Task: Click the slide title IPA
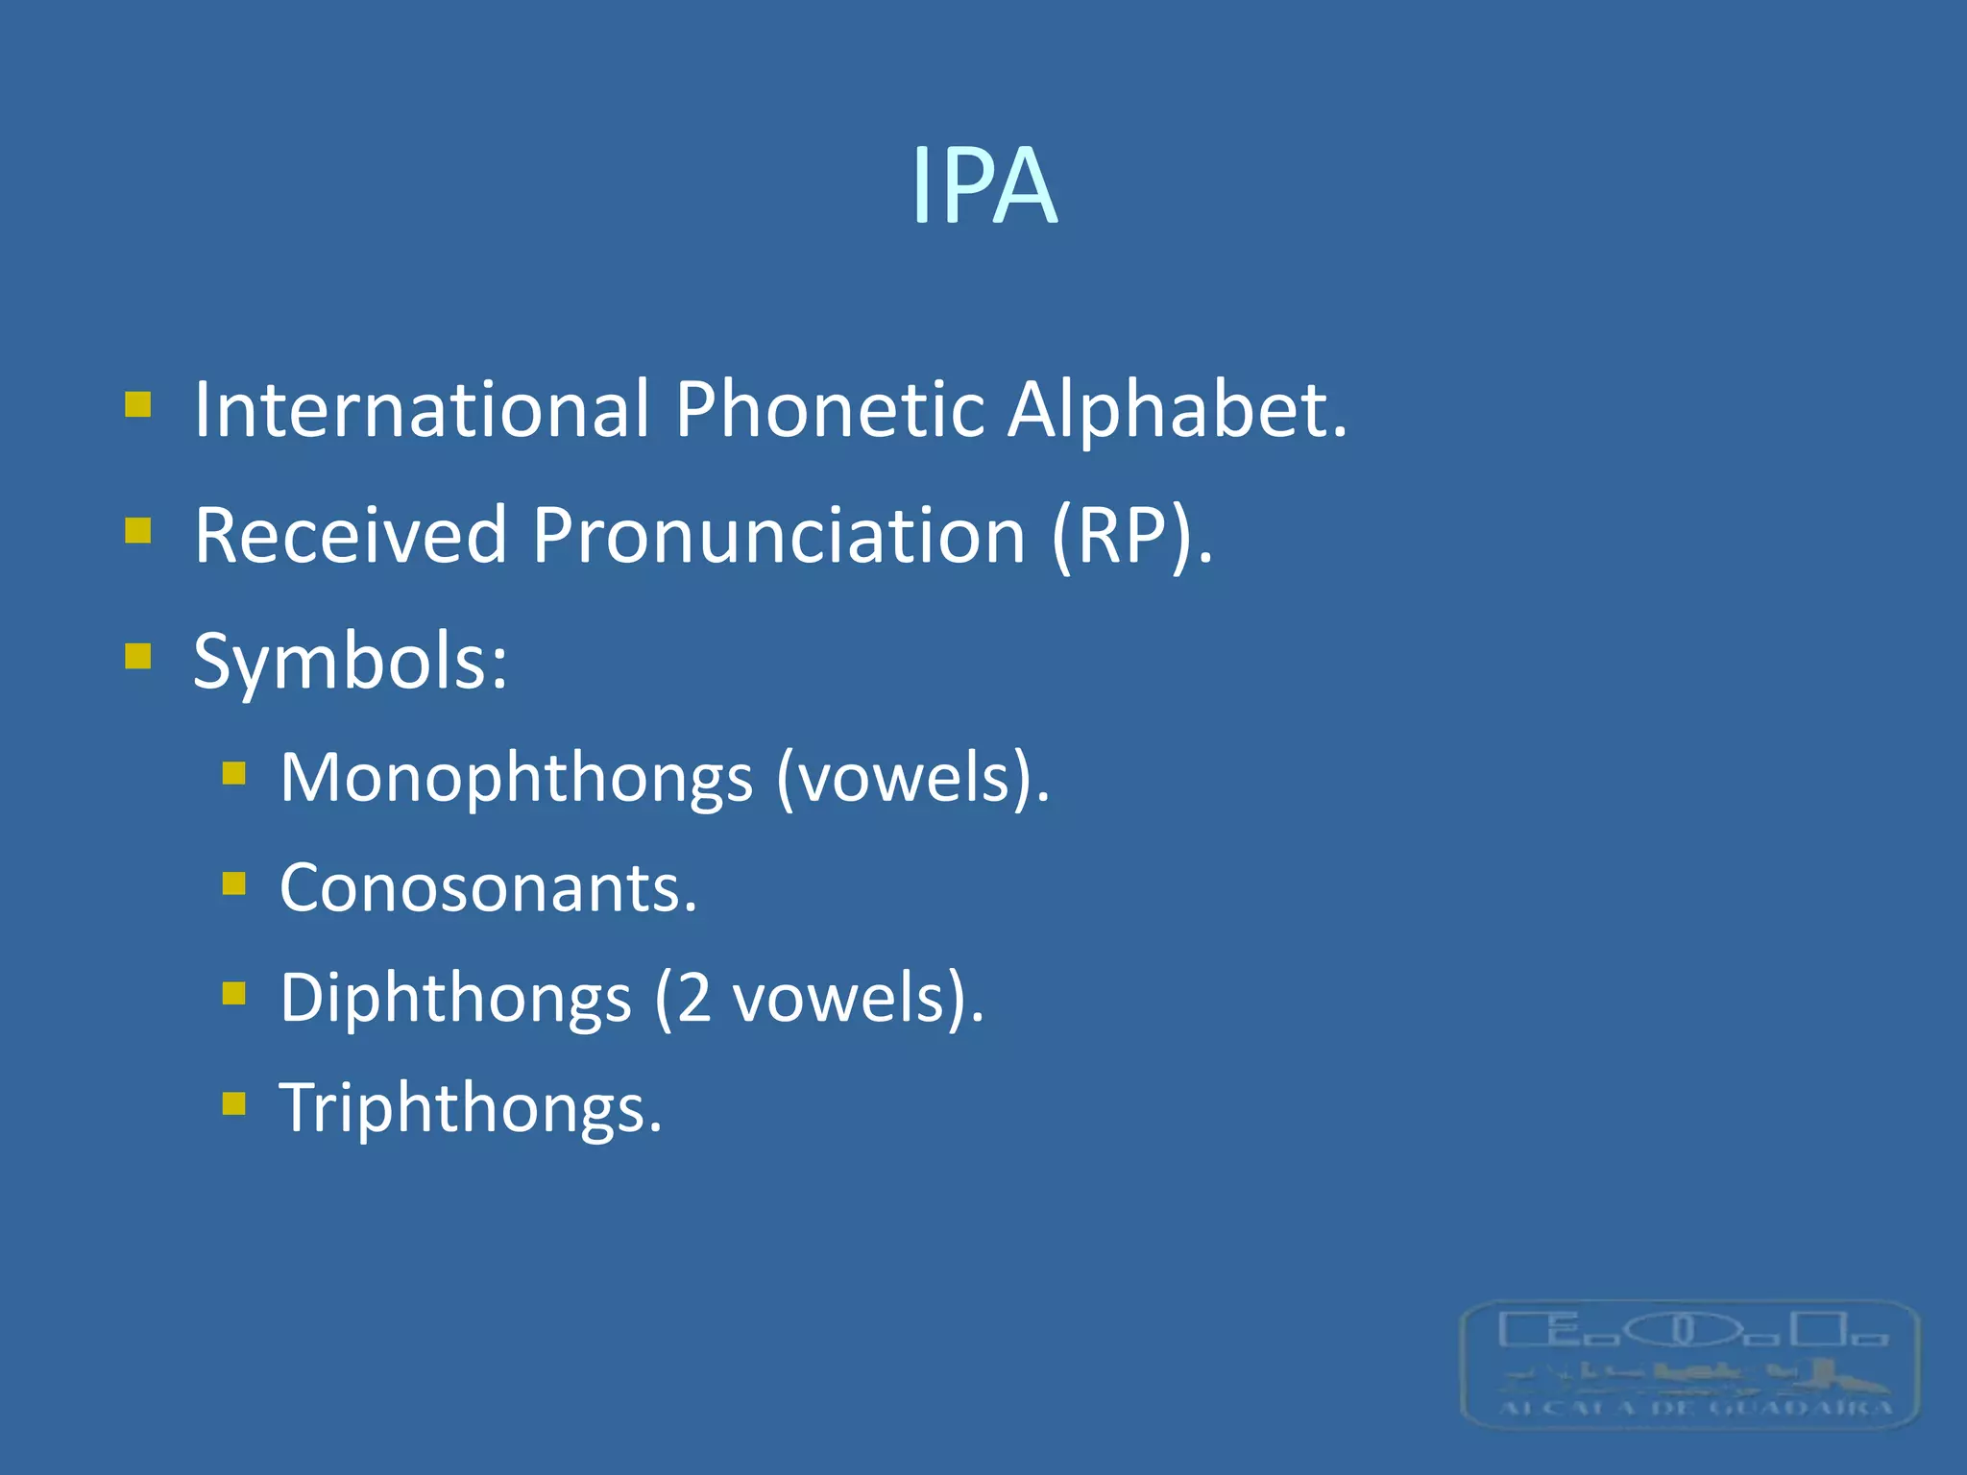coord(983,186)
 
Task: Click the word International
coord(422,410)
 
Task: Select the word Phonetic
coord(829,410)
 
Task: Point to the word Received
coord(350,536)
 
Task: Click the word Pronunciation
coord(779,536)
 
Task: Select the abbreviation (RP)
coord(1129,536)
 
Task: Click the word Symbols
coord(346,663)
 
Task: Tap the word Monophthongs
coord(516,778)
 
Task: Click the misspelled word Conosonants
coord(485,888)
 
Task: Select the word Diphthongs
coord(455,999)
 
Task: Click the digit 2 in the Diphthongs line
coord(693,999)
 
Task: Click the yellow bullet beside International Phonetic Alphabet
coord(138,404)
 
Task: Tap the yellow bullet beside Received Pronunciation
coord(138,530)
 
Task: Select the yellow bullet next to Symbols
coord(138,656)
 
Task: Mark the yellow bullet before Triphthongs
coord(234,1102)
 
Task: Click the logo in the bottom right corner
coord(1689,1365)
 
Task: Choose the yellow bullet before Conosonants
coord(234,883)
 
